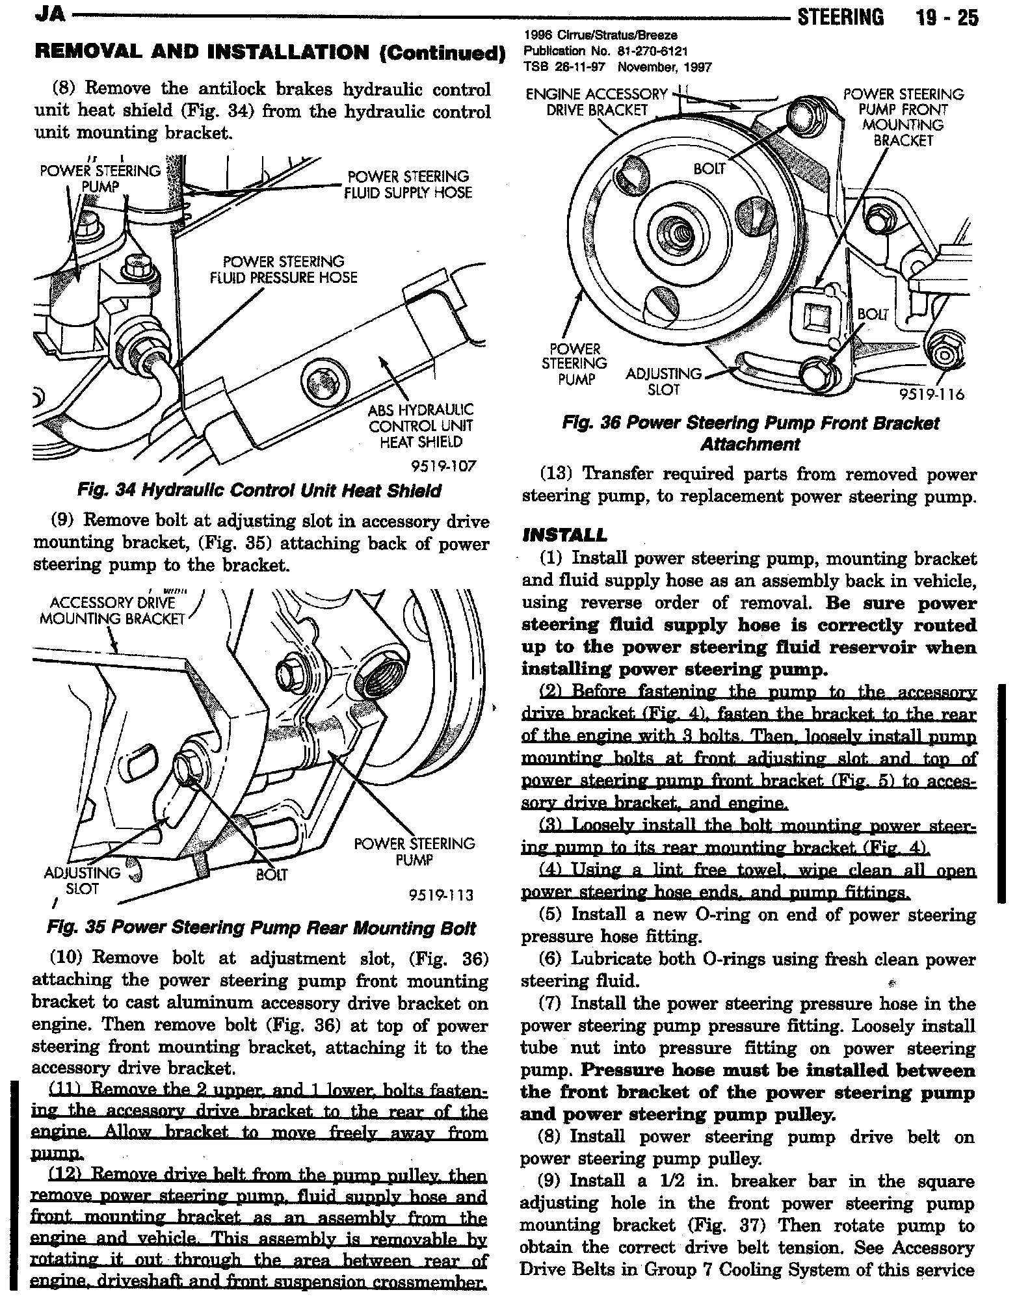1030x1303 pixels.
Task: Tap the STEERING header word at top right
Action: tap(841, 18)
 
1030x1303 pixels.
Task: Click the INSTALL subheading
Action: tap(564, 535)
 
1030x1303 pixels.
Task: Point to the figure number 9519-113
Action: tap(442, 895)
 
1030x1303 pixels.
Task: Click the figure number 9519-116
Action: tap(931, 395)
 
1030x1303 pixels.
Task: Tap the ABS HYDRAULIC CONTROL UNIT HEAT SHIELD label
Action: tap(421, 426)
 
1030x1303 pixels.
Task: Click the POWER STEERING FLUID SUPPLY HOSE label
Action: tap(408, 185)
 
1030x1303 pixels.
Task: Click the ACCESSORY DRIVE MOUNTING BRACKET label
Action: tap(112, 611)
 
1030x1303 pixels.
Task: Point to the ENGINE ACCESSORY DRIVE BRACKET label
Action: tap(597, 102)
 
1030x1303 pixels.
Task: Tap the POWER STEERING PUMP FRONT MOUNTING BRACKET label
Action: tap(903, 117)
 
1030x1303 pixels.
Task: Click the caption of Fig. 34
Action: tap(259, 490)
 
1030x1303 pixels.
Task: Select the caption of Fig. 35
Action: tap(261, 928)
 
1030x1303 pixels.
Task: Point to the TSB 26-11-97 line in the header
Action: tap(617, 67)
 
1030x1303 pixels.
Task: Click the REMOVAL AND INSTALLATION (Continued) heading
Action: tap(269, 52)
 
